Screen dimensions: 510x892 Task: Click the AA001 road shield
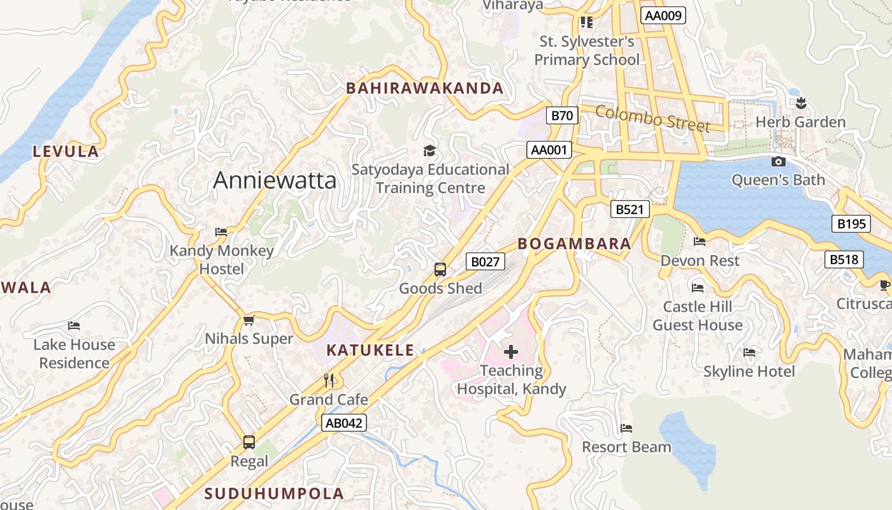click(549, 150)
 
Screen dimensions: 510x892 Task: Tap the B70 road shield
click(562, 115)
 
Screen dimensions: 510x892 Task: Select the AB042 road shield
click(344, 423)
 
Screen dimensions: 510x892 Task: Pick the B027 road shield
click(486, 261)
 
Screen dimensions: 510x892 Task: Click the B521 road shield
click(630, 209)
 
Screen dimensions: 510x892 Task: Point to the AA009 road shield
click(664, 15)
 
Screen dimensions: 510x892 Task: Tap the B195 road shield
click(851, 224)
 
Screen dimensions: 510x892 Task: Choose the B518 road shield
click(845, 259)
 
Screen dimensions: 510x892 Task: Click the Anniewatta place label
click(275, 180)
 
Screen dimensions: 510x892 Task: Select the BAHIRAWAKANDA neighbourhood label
click(425, 89)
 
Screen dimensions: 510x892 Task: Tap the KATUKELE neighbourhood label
click(370, 350)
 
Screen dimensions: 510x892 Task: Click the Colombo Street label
click(652, 119)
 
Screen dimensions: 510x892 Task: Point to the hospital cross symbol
click(511, 351)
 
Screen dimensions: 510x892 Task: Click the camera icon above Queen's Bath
click(778, 162)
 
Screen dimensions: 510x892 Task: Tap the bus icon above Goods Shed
click(440, 270)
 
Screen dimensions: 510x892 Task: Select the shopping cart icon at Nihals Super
click(249, 320)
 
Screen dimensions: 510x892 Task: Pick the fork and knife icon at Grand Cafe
click(329, 381)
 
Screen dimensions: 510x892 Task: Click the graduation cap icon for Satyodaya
click(430, 151)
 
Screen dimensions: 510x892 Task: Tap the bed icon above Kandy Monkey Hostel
click(221, 232)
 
